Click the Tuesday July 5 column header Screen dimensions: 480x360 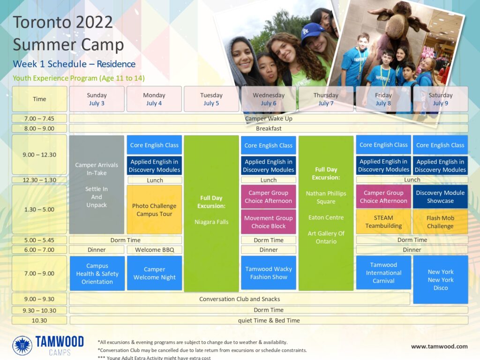coord(211,99)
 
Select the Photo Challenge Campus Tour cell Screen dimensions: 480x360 coord(154,210)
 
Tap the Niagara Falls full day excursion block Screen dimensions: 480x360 coord(211,213)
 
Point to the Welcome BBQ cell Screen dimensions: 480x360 coord(155,250)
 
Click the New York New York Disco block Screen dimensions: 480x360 coord(441,279)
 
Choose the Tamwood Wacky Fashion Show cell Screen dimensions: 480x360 coord(269,273)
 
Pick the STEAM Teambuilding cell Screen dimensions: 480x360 coord(383,222)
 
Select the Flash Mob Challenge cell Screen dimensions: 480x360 coord(440,222)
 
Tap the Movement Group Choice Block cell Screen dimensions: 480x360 coord(269,222)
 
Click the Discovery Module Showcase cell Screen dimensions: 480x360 coord(440,196)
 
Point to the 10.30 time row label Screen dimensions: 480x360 coord(39,321)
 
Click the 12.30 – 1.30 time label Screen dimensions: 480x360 coord(39,180)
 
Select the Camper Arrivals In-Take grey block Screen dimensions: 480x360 coord(97,185)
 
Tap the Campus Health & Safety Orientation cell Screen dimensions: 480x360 coord(97,273)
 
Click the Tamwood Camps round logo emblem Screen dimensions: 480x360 coord(22,345)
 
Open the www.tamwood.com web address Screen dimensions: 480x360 coord(439,346)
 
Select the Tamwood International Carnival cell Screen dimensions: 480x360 coord(383,272)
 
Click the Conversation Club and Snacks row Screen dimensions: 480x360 coord(240,299)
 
